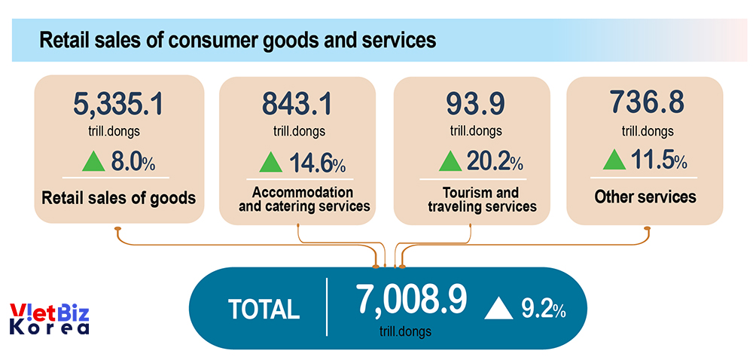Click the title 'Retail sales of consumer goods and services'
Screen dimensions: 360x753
click(x=237, y=40)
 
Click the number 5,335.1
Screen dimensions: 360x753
click(x=119, y=104)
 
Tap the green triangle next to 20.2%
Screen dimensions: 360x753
click(x=450, y=161)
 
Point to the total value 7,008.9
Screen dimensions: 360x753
click(x=411, y=299)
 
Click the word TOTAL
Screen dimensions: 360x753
click(x=264, y=309)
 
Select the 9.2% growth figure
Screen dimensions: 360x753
click(x=543, y=309)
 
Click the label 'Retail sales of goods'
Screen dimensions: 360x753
click(x=119, y=199)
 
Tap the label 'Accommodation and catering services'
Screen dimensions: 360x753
click(x=303, y=199)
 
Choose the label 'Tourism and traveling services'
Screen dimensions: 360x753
click(x=482, y=199)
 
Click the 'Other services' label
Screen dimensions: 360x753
click(x=645, y=197)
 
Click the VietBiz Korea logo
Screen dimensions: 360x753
click(x=50, y=319)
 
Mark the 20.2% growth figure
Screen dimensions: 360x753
click(x=494, y=162)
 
